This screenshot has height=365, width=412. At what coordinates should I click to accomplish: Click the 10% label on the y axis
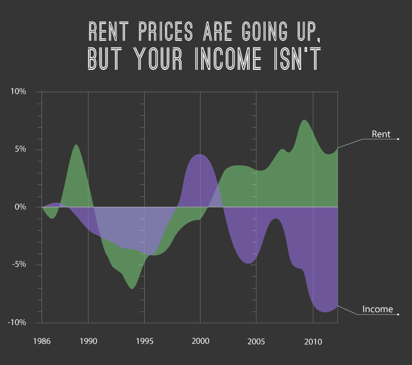coord(19,92)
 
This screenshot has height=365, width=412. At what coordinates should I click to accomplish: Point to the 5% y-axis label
coord(20,149)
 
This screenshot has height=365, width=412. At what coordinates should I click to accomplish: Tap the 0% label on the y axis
coord(20,207)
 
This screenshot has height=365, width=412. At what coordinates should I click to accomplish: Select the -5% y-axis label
coord(19,265)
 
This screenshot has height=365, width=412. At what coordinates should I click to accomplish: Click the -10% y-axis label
coord(17,322)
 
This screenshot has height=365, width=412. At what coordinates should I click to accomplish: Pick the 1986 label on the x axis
coord(42,342)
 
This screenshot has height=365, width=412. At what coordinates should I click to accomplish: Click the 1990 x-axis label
coord(88,342)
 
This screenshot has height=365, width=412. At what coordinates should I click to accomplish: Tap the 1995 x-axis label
coord(144,342)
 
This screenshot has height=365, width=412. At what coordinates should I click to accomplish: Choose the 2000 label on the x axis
coord(200,342)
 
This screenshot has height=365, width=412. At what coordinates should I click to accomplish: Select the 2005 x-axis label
coord(256,342)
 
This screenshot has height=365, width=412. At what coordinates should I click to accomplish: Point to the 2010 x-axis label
coord(313,342)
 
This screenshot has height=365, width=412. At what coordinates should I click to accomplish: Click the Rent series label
coord(381,134)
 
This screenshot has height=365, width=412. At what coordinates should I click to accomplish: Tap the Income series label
coord(378,309)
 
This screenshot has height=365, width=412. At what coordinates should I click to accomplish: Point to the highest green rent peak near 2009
coord(304,121)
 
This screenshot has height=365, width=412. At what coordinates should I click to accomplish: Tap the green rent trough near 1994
coord(132,288)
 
